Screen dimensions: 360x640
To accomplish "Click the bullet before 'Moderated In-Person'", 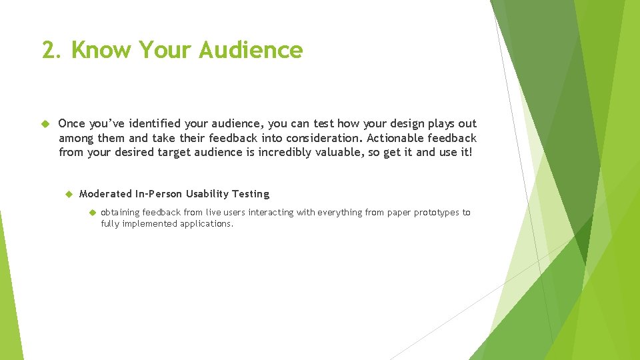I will click(68, 194).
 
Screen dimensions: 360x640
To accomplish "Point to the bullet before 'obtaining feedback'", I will click(93, 213).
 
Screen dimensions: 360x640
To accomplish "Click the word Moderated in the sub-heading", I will click(105, 194).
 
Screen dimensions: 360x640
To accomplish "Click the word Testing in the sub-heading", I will click(251, 194).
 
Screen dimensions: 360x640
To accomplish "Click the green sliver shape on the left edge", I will click(10, 293).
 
